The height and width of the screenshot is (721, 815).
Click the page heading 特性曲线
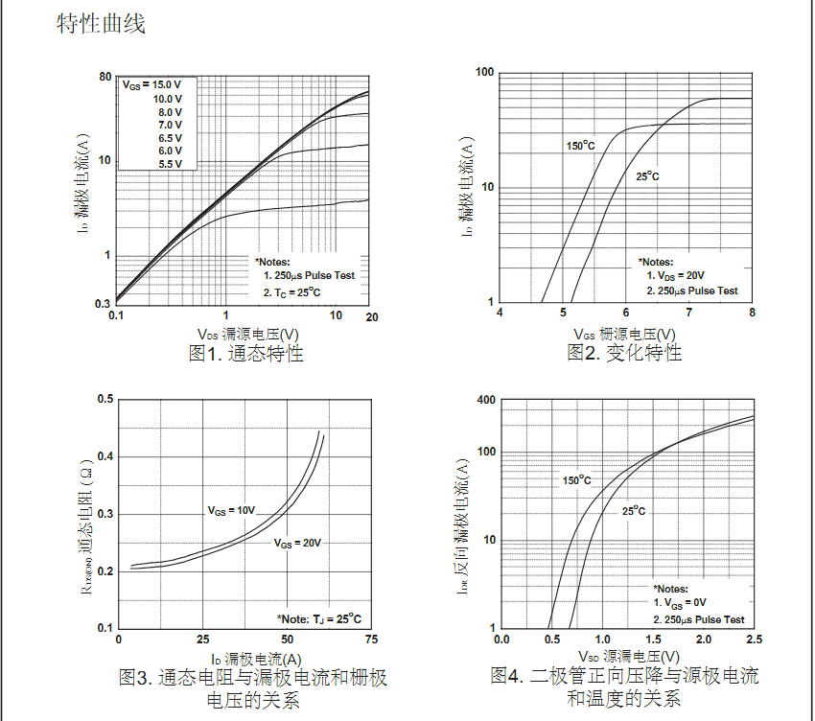coord(101,24)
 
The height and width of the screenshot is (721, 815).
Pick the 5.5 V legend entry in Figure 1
coord(170,164)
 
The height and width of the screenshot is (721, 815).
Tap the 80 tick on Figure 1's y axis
coord(105,77)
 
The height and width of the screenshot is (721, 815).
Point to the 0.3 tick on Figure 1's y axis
coord(103,304)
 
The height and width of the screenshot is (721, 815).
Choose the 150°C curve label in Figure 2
coord(580,146)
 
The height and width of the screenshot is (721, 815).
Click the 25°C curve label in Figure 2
coord(647,176)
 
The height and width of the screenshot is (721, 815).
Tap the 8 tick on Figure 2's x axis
coord(752,314)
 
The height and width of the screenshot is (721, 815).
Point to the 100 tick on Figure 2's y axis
coord(484,73)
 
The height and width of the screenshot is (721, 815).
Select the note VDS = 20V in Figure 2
coord(682,276)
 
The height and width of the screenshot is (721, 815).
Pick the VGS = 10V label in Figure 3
coord(232,511)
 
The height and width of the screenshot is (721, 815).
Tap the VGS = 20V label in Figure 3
coord(297,543)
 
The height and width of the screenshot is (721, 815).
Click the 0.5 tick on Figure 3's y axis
coord(105,399)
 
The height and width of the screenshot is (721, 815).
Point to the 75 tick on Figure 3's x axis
coord(371,640)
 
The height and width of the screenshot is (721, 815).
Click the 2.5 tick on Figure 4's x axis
coord(753,639)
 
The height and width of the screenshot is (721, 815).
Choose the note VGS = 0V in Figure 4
coord(686,603)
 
